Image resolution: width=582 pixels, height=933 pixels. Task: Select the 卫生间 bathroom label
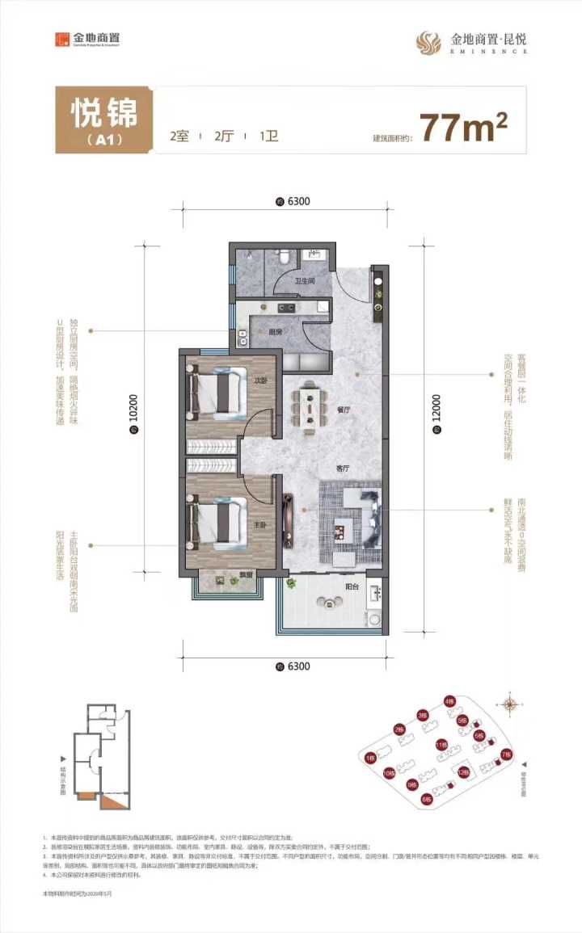click(x=304, y=282)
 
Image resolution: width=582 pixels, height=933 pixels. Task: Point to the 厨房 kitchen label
click(x=275, y=331)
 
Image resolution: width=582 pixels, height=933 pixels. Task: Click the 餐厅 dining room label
click(x=344, y=410)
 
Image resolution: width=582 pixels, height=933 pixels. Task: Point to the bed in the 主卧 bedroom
click(x=216, y=520)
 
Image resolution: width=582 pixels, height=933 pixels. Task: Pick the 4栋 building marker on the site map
click(x=449, y=702)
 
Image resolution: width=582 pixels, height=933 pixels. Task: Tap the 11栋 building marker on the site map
click(x=441, y=744)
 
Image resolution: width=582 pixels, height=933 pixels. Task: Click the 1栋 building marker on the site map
click(x=369, y=758)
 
